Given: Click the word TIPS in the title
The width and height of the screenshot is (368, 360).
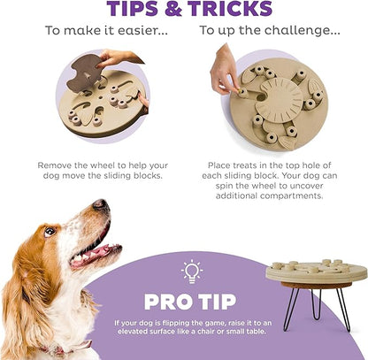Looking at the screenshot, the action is click(133, 9).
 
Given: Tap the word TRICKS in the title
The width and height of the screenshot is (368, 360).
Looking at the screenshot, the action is click(230, 9).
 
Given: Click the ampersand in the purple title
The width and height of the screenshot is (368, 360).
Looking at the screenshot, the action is click(173, 9).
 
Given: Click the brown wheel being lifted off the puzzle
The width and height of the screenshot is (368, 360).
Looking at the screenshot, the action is click(84, 72).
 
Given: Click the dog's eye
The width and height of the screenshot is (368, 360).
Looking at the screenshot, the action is click(50, 231).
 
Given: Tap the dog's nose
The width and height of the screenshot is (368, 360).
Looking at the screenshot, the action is click(101, 204).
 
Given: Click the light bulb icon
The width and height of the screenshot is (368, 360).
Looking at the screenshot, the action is click(192, 272).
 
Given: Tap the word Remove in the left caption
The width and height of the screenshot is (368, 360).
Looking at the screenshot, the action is click(55, 165).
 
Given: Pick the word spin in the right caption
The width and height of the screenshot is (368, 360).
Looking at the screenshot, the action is click(225, 187).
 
